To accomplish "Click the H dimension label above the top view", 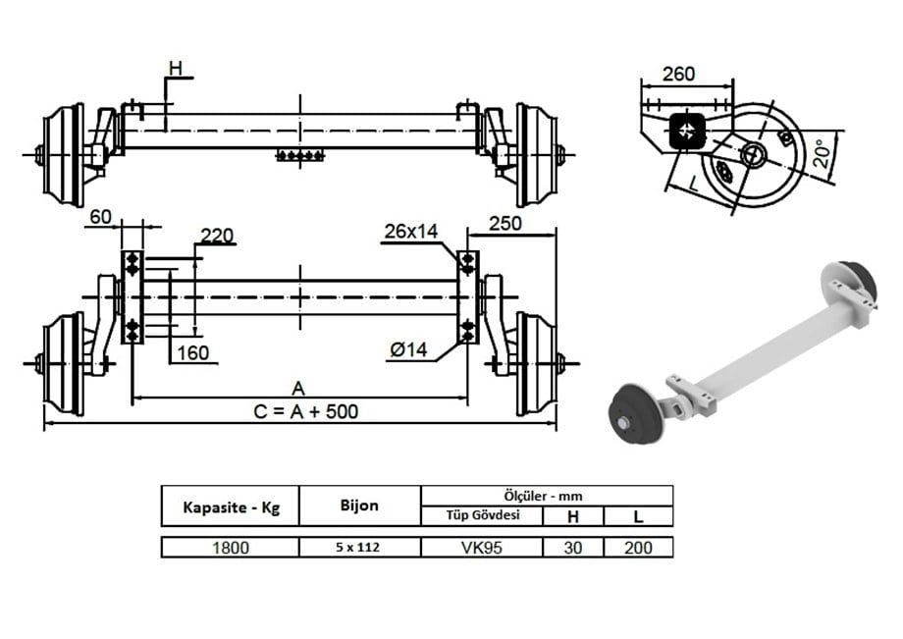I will coord(175,68).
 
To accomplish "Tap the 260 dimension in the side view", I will coord(678,74).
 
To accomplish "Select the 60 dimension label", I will coord(100,216).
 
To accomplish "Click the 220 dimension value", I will coord(216,235).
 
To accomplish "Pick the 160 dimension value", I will coord(193,352).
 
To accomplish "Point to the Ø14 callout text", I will coord(411,350).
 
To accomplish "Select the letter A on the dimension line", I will coord(298,386).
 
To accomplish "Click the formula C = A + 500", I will coord(305,411).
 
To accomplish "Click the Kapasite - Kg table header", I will coord(231,507).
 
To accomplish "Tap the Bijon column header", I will coord(359,506).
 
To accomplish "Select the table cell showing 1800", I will coord(231,548).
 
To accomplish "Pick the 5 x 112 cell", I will coord(359,548).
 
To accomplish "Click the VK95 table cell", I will coord(482,548).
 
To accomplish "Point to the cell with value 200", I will coord(637,548).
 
